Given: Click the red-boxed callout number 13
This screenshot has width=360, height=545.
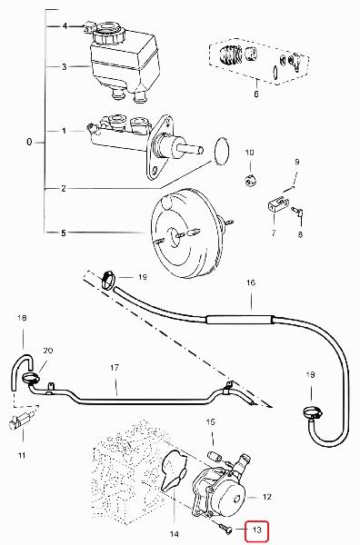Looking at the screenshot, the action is pos(256,530).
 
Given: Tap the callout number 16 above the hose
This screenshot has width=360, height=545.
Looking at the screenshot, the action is pos(251,282).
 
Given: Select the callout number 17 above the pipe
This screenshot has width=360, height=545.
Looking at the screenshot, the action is pos(115,367).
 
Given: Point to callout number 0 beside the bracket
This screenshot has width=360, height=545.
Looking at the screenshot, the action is pos(29,143).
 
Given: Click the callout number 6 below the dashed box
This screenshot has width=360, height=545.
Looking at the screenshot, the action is pos(256,94).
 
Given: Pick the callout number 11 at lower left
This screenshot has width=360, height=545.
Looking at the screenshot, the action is pos(22,455).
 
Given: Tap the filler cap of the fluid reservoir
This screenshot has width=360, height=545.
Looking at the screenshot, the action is pos(108,34).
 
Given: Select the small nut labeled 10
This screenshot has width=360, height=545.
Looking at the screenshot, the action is pos(250,181).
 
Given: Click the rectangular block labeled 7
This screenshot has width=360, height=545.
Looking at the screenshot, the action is pos(278,203).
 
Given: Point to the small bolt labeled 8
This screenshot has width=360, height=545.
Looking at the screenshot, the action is pos(297,212).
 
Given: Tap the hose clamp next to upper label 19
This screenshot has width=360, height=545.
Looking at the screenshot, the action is pos(109,279).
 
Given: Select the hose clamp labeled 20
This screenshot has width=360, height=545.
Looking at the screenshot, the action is pos(31,377).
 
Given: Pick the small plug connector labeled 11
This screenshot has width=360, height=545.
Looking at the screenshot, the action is pos(22,420).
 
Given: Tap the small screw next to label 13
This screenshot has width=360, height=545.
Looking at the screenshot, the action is pos(225,529).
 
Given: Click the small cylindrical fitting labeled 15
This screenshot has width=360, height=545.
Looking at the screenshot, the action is pos(213,456).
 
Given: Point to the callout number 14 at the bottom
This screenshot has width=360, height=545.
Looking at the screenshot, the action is pos(175,534).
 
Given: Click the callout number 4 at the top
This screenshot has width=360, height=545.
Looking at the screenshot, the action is pos(65,26).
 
